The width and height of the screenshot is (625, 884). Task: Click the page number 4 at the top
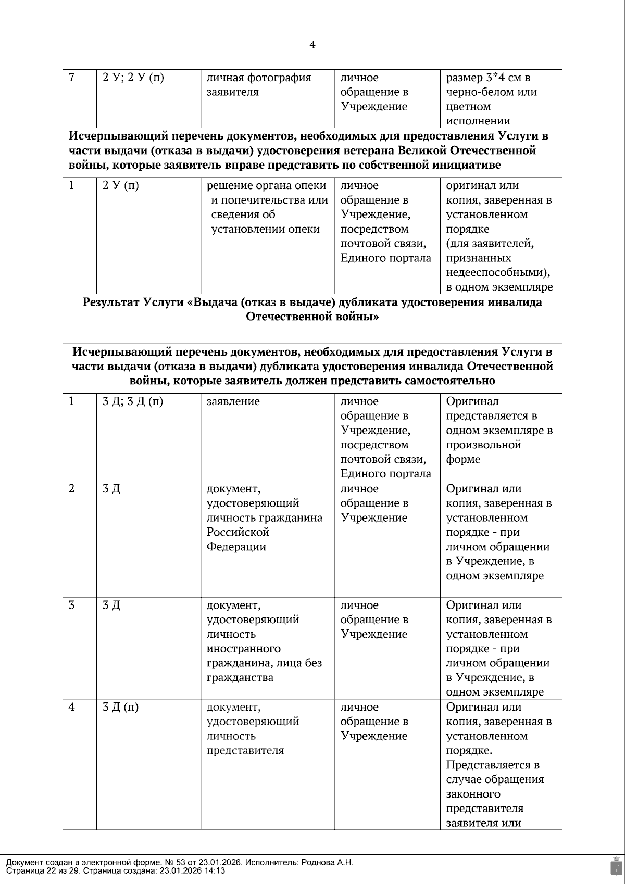point(312,45)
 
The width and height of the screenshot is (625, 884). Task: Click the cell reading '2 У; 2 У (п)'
point(133,78)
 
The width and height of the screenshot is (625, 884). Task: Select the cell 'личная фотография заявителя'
point(259,85)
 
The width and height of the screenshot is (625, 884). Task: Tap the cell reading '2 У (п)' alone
point(121,186)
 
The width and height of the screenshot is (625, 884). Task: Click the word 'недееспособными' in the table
point(497,273)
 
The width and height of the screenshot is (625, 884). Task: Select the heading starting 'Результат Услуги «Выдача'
point(312,310)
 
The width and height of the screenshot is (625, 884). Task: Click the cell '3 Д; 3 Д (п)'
point(133,402)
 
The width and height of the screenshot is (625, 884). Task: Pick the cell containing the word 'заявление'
point(233,402)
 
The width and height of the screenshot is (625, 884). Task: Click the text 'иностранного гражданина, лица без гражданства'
point(264,663)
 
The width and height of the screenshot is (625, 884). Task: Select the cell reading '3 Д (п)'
point(120,708)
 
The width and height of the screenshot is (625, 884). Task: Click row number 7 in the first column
point(72,78)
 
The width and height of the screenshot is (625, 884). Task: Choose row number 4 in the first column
point(72,708)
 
